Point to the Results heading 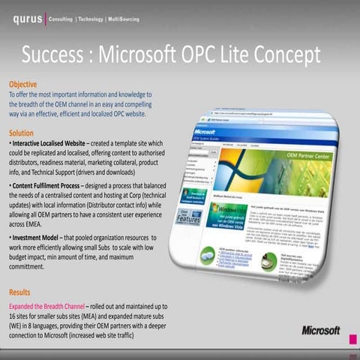pos(20,292)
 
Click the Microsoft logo pos(321,330)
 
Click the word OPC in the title pos(202,55)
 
